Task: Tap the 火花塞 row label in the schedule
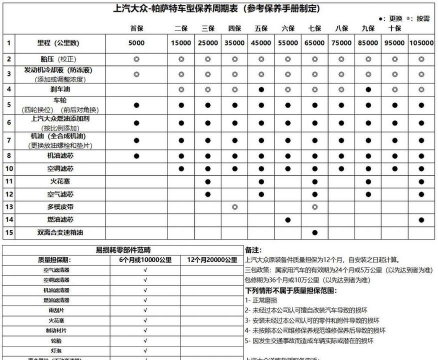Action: (61, 181)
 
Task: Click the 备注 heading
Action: (253, 248)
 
